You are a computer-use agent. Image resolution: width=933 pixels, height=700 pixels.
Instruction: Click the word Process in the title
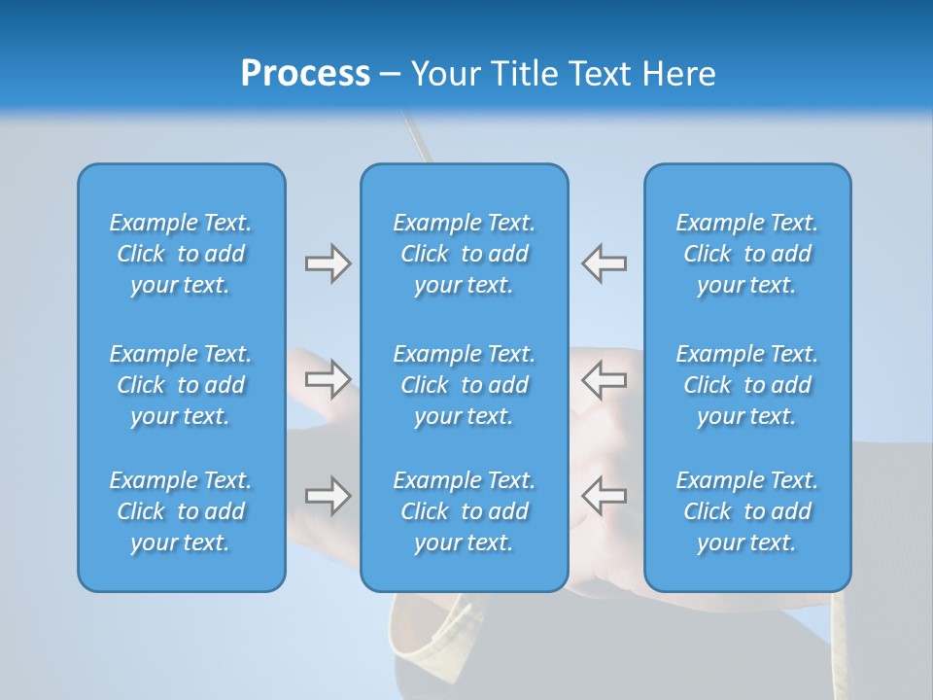(305, 74)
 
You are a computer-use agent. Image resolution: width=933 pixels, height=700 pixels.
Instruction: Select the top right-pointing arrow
(328, 263)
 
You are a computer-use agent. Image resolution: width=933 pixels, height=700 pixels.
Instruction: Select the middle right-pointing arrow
(328, 379)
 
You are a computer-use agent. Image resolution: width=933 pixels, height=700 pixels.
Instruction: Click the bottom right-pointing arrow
(328, 496)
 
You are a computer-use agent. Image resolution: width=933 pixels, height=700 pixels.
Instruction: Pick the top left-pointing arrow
(605, 263)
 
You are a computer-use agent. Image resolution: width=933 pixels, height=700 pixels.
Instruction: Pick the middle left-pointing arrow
(605, 379)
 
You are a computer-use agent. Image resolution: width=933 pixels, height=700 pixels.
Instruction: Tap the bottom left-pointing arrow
(605, 496)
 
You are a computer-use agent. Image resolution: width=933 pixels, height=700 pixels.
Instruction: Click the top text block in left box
(181, 254)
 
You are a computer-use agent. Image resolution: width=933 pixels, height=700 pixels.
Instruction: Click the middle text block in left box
(181, 385)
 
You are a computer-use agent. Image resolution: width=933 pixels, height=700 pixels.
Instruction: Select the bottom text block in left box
(181, 511)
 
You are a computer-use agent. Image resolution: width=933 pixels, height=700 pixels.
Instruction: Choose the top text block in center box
(465, 254)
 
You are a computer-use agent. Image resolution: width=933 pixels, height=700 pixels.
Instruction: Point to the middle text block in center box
(465, 385)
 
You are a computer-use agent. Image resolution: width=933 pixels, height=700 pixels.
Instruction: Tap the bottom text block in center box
(465, 511)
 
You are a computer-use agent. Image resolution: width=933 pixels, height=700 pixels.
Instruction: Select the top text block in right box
(747, 254)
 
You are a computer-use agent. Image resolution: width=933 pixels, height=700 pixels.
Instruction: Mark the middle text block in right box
(747, 385)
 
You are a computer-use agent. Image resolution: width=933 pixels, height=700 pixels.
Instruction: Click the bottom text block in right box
(747, 511)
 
